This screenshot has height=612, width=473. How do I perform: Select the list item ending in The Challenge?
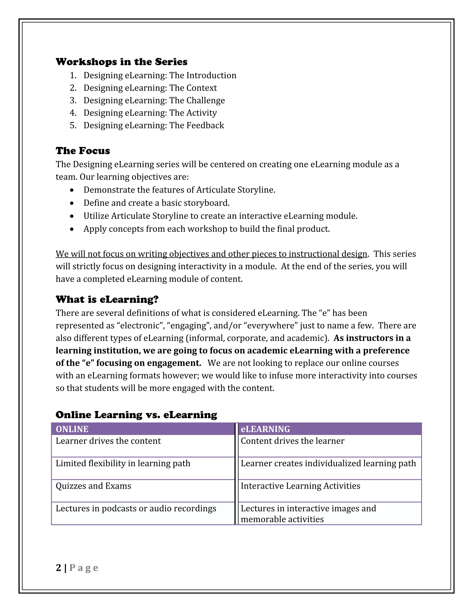[154, 100]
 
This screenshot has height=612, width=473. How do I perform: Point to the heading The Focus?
[83, 151]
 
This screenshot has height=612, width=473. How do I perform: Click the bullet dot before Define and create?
[72, 203]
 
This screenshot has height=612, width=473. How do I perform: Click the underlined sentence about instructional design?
[211, 254]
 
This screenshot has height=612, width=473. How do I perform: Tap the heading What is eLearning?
[107, 299]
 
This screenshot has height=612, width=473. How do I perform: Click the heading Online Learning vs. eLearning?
[136, 415]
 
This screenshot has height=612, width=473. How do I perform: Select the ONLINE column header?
[72, 429]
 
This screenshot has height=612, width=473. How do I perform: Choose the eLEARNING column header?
[265, 429]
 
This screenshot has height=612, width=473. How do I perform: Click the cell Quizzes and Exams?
[93, 486]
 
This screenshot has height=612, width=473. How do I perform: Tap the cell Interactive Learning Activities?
[300, 486]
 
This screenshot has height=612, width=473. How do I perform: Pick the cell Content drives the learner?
[292, 441]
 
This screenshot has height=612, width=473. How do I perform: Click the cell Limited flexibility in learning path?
[123, 464]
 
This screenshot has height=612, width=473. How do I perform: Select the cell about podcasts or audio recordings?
[136, 509]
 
